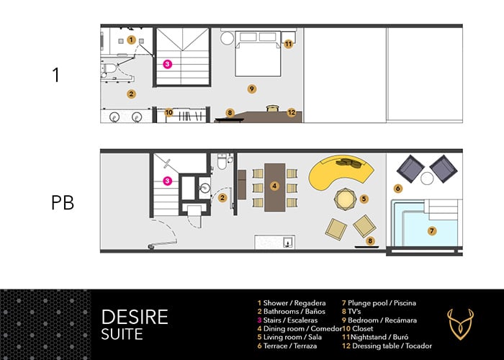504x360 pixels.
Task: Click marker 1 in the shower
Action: tap(131, 40)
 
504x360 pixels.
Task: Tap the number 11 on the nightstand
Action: tap(288, 44)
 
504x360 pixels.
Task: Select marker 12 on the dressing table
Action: tap(292, 112)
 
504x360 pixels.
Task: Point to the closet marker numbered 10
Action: tap(168, 112)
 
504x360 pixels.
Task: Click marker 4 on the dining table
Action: tap(274, 186)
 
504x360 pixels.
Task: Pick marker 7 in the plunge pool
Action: tap(432, 231)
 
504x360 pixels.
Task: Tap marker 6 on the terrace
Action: tap(398, 189)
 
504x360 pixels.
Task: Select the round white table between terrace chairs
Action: tap(427, 179)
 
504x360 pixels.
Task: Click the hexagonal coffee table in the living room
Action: tap(345, 199)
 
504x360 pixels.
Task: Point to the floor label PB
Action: tap(63, 203)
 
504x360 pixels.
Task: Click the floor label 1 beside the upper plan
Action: tap(56, 75)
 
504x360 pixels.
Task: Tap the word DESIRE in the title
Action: tap(135, 317)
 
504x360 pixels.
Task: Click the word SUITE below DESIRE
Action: tap(122, 334)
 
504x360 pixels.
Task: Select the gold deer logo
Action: tap(461, 325)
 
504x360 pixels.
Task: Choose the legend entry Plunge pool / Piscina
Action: tap(379, 303)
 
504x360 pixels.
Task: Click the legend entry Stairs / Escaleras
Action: tap(287, 320)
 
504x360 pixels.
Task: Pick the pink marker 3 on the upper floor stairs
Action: tap(167, 64)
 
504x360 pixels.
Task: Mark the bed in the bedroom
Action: tap(258, 54)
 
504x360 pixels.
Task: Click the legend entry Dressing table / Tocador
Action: tap(387, 346)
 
